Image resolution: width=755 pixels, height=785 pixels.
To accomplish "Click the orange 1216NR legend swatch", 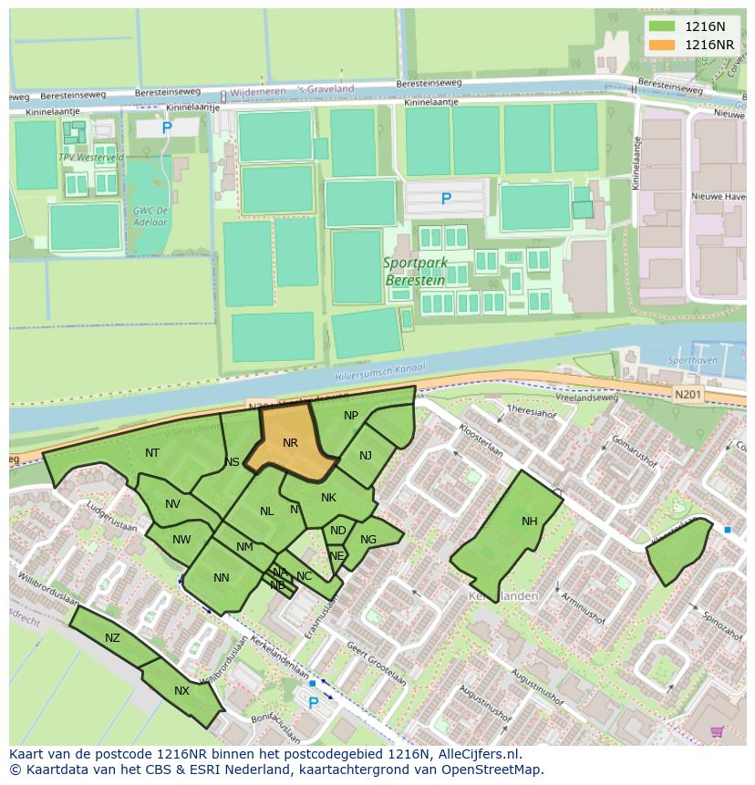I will tap(662, 46).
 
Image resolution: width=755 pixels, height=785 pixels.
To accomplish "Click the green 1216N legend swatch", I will tap(662, 27).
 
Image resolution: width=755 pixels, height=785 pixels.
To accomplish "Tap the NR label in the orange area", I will tap(290, 443).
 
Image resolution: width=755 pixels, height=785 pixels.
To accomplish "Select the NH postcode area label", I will tap(530, 522).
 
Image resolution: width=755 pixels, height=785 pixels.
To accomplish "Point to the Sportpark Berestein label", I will tap(416, 272).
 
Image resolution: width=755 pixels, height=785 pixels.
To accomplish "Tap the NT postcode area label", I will tap(152, 453).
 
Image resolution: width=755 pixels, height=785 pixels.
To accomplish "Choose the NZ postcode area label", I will tap(112, 638).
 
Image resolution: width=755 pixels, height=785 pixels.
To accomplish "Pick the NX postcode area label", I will tap(181, 691).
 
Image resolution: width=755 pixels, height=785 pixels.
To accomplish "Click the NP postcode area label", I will tap(351, 416).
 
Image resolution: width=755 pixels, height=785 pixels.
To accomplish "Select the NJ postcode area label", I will tap(366, 456).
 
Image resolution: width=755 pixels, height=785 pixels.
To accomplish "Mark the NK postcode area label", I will tap(329, 498).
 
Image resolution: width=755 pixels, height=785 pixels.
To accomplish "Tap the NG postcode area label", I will tap(368, 540).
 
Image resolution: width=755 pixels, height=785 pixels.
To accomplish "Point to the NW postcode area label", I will tap(181, 540).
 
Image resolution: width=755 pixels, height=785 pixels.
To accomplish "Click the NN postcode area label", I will tap(222, 578).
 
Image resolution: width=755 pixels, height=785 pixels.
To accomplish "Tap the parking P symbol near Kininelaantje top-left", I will tap(167, 129).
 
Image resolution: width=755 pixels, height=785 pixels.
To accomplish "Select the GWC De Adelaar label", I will tap(150, 216).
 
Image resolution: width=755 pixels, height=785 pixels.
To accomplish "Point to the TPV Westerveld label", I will tap(90, 158).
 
